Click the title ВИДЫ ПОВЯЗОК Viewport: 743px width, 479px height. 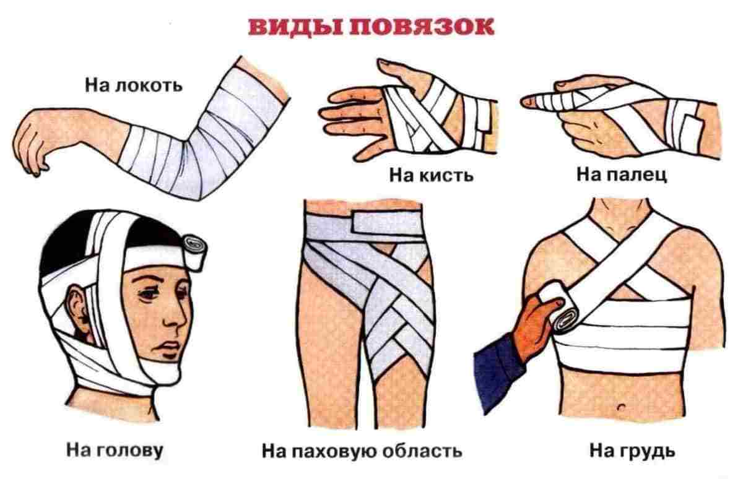point(371,27)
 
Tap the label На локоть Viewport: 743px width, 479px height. point(133,84)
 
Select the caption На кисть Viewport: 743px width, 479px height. point(432,175)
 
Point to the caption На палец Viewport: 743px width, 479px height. point(622,175)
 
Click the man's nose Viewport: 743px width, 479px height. point(178,322)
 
